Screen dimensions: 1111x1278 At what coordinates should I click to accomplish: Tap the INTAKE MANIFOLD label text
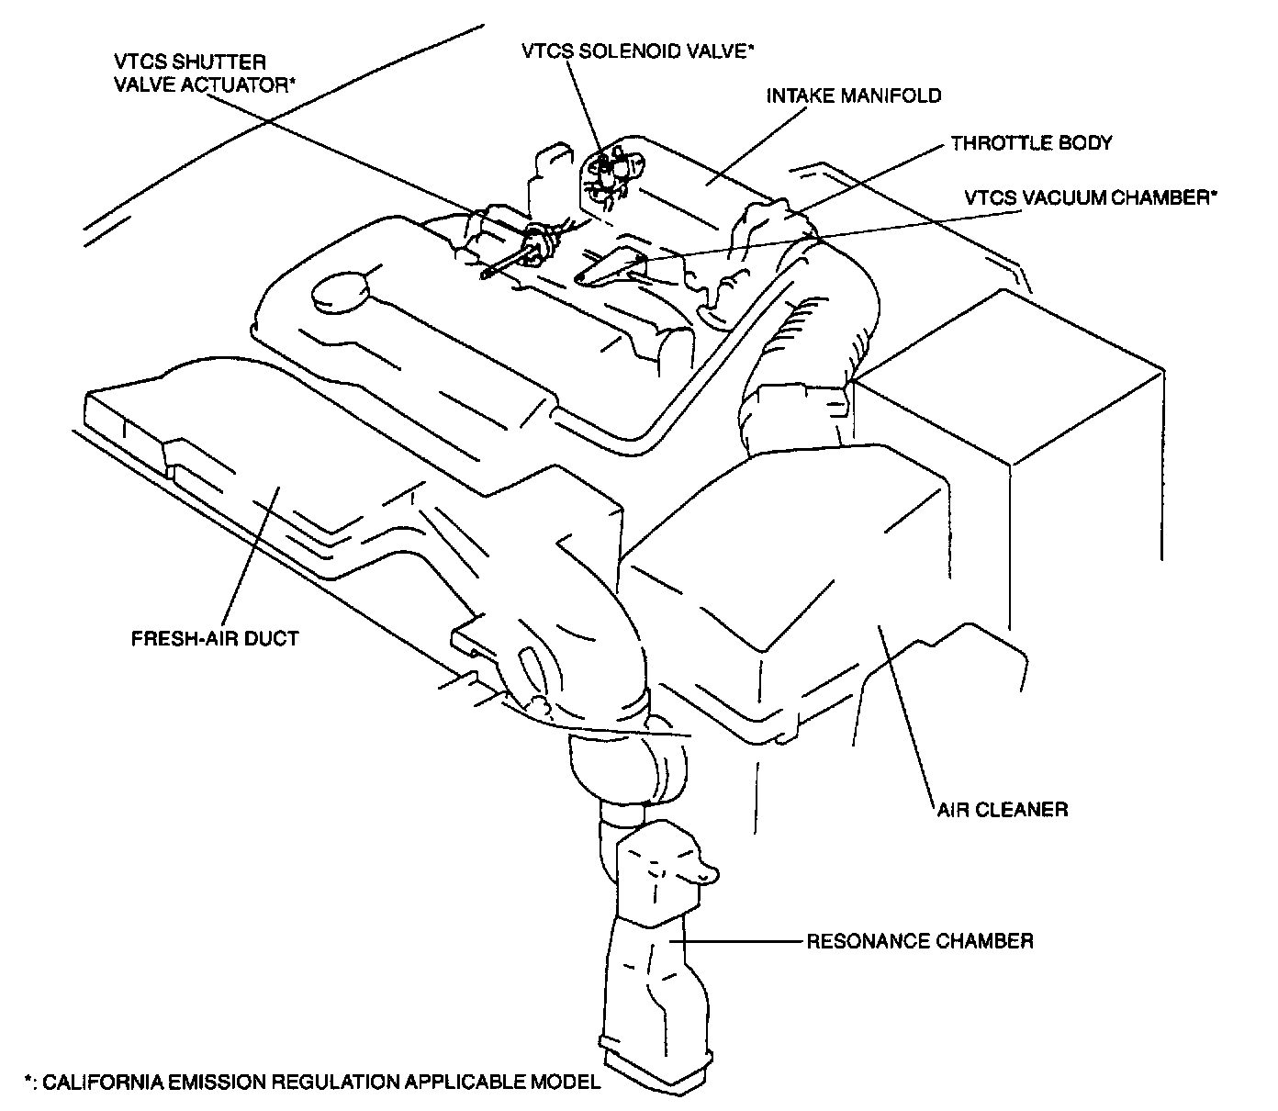tap(855, 95)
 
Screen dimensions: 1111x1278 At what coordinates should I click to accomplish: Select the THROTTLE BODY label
tap(1031, 143)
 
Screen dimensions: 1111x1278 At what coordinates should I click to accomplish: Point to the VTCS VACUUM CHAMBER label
tap(1090, 196)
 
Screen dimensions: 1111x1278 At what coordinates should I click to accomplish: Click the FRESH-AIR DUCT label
tap(215, 638)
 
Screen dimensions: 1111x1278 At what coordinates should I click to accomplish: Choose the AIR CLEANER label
tap(1002, 810)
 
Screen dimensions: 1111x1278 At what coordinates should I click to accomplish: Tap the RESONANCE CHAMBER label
tap(919, 941)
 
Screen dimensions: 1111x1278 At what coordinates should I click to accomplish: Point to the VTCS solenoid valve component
tap(611, 175)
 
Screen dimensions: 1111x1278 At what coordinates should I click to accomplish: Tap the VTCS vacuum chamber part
tap(611, 268)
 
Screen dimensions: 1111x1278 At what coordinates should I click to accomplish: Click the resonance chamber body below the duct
tap(652, 955)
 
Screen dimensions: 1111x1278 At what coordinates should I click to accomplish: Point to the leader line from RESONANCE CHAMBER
tap(734, 941)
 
